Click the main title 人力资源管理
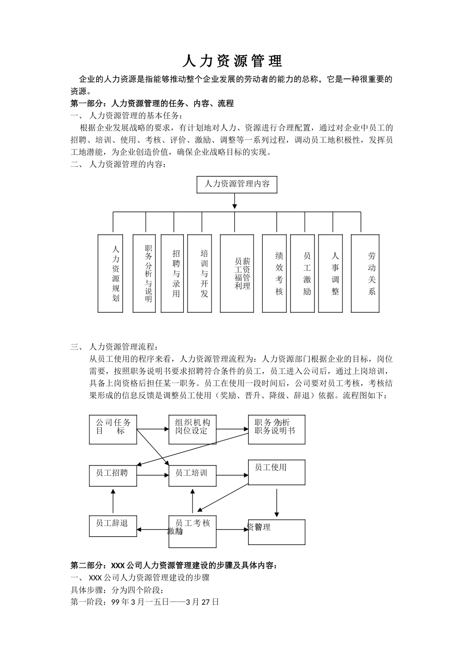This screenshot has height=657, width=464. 232,61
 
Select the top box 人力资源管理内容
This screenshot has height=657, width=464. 236,185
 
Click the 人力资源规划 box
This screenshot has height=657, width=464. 110,273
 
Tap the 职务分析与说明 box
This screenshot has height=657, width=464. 144,273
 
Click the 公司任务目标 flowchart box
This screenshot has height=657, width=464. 113,430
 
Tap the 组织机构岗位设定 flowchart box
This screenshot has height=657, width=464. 192,430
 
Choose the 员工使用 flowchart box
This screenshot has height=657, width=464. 276,472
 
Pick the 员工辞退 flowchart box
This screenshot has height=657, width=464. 113,526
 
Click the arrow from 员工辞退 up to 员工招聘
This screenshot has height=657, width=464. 113,501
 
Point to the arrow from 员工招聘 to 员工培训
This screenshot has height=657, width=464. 153,475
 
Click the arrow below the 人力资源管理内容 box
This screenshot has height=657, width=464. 235,201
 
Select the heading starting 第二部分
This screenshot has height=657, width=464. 174,566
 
